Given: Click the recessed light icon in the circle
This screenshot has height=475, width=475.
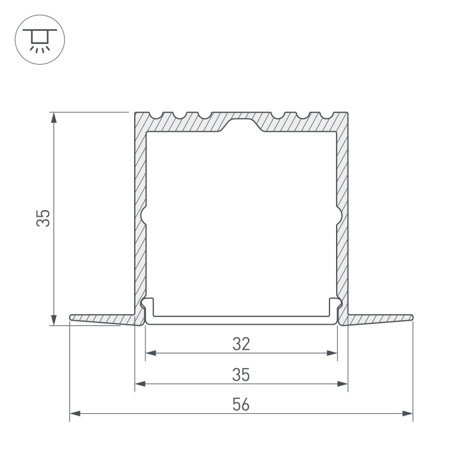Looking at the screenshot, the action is click(x=40, y=40).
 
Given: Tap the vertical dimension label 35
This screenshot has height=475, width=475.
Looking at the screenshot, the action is click(x=43, y=218).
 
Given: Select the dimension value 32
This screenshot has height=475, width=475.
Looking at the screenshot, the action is click(x=241, y=344).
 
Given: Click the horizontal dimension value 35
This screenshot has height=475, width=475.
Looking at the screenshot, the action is click(x=241, y=375).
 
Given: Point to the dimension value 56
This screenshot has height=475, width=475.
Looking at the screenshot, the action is click(x=241, y=404).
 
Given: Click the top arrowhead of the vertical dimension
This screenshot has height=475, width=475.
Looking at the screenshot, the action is click(x=54, y=118).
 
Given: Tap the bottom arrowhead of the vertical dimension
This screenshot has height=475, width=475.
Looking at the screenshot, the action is click(x=54, y=320).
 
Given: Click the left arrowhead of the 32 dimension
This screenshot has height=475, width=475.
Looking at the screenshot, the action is click(x=151, y=353).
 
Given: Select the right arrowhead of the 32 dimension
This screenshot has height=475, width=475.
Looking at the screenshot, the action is click(x=332, y=353).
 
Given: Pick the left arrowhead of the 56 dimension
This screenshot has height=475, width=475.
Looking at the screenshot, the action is click(x=75, y=413).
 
